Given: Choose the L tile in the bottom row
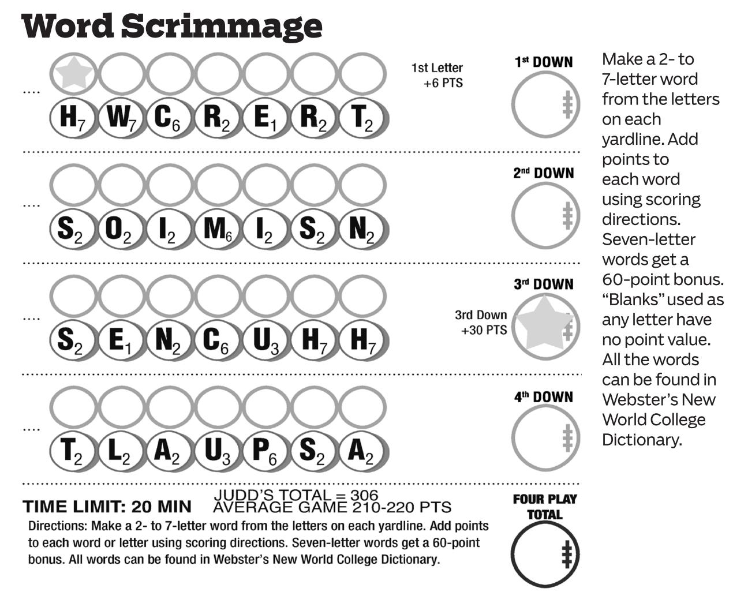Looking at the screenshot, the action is point(121,451).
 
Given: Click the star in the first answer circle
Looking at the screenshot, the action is point(74,73).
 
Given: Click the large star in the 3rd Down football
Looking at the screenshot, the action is point(544,323).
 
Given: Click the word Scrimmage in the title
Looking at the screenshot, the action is point(222,27).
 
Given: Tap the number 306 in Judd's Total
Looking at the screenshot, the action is point(364,495).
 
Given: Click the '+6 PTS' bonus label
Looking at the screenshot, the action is point(443,83).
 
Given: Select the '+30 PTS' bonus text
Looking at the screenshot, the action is point(484,330).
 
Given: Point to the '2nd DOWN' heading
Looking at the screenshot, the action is point(544,173).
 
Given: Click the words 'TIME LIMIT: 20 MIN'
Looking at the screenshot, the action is point(107,507).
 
